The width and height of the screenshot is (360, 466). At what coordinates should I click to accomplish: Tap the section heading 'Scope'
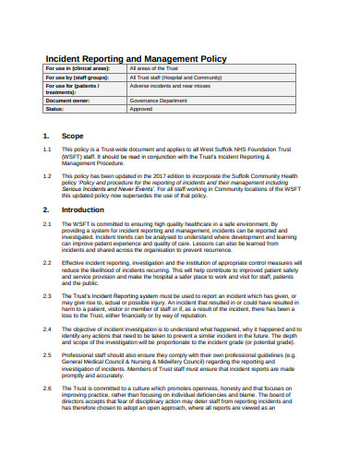[x=72, y=136]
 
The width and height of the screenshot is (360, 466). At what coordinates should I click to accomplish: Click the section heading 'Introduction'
[x=83, y=209]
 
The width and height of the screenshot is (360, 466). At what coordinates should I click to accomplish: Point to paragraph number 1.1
[x=47, y=149]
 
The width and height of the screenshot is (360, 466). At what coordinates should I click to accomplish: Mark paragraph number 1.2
[x=47, y=174]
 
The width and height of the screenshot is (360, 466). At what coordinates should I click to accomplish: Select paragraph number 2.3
[x=47, y=295]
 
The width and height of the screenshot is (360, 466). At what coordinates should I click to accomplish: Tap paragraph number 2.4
[x=47, y=328]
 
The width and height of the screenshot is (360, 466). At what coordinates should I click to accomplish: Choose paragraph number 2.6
[x=47, y=388]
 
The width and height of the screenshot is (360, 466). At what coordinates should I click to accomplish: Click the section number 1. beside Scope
[x=46, y=136]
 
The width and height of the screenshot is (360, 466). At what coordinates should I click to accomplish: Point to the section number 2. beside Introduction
[x=46, y=209]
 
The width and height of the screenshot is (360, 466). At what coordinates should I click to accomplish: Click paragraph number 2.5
[x=47, y=353]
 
